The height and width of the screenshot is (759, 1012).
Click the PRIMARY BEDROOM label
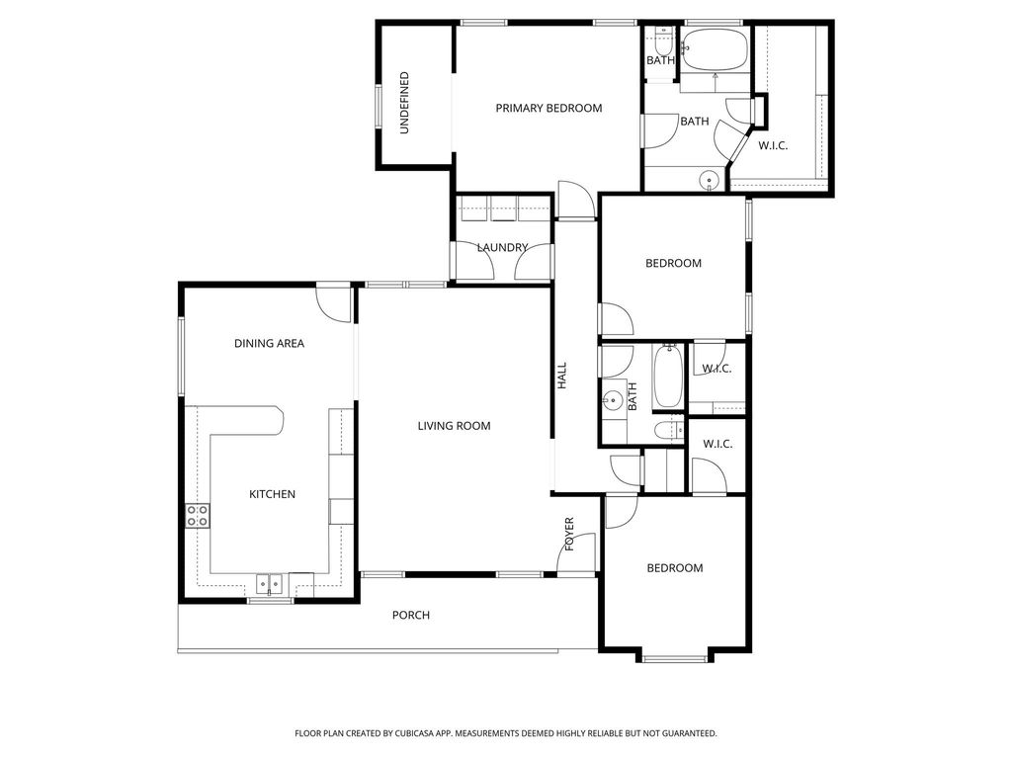[x=548, y=109]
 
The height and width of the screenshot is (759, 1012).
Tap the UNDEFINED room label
[x=404, y=103]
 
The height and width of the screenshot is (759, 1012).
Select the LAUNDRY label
[x=502, y=247]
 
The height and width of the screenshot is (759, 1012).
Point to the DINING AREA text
[x=269, y=344]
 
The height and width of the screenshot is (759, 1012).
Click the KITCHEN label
[x=272, y=494]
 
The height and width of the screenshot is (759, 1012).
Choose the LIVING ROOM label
[x=454, y=426]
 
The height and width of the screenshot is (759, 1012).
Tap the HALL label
[x=561, y=375]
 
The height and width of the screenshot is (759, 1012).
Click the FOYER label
[x=569, y=534]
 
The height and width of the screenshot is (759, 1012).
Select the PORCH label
[x=411, y=615]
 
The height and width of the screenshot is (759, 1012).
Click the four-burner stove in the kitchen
[x=198, y=515]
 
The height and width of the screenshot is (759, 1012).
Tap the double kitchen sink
[x=270, y=583]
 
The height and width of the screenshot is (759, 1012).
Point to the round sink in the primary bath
[x=708, y=180]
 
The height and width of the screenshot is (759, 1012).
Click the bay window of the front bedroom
[x=674, y=656]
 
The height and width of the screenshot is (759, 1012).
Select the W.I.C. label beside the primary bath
[x=773, y=146]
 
